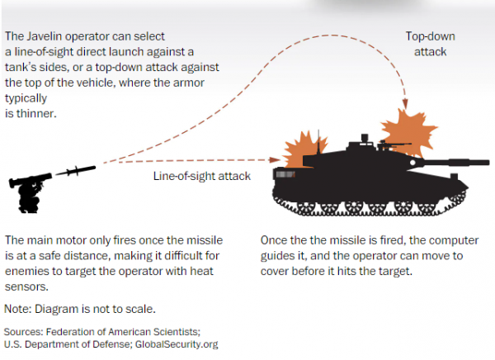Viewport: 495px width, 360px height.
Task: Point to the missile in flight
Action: [76, 171]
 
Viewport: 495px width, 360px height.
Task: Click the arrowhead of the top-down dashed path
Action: [405, 106]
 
